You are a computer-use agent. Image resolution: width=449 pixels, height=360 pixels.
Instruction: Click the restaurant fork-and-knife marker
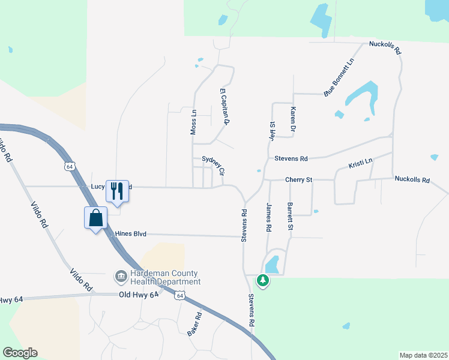(x=117, y=191)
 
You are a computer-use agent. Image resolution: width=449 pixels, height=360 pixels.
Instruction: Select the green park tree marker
(x=262, y=280)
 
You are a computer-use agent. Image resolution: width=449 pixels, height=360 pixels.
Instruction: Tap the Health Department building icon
(x=120, y=277)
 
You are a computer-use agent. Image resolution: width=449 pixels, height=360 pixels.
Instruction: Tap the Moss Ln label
(x=193, y=121)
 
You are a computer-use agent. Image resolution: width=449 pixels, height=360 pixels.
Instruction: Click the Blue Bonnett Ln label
(x=339, y=77)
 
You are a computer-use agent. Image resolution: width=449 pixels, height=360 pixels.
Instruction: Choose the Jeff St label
(x=271, y=131)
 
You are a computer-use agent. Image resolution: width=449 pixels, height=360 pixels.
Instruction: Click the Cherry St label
(x=299, y=179)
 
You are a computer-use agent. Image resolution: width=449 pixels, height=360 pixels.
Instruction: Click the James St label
(x=268, y=218)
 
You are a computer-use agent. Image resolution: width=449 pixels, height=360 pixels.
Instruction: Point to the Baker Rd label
(x=194, y=324)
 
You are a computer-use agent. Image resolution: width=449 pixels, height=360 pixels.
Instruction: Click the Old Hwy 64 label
(x=138, y=295)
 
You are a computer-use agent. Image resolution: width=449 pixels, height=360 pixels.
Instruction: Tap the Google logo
(x=20, y=353)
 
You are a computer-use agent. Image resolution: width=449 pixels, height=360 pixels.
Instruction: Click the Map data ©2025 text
(x=423, y=355)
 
